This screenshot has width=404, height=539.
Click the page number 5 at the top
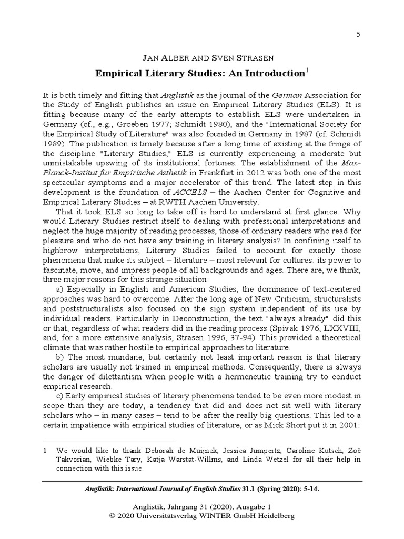358,34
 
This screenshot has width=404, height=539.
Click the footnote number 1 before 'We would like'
46,450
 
